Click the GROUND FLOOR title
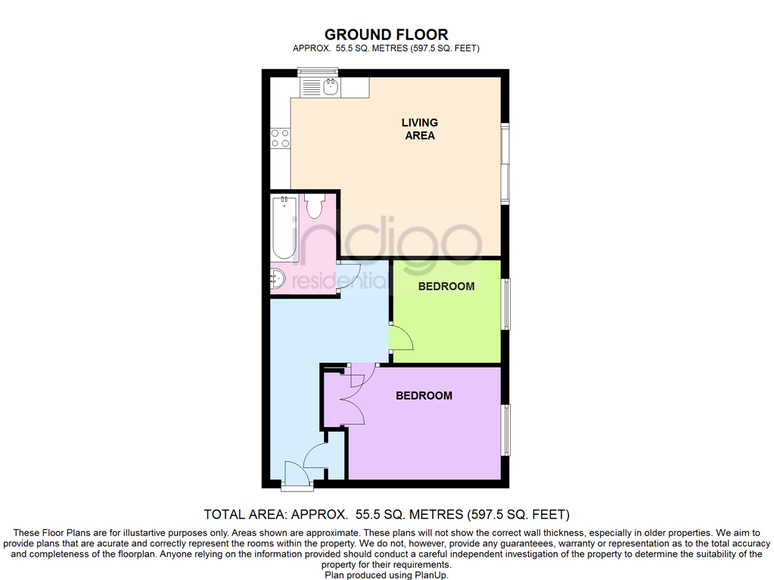click(386, 34)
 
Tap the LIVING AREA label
click(419, 129)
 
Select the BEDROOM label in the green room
click(446, 286)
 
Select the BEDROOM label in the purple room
click(424, 395)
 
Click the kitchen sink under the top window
click(330, 88)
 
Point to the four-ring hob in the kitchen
click(280, 138)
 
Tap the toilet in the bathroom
click(314, 206)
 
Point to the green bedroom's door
click(402, 338)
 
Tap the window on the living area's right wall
click(505, 162)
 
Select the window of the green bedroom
click(506, 304)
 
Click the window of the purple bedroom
click(506, 430)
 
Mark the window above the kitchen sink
click(317, 73)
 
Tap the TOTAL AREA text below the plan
click(387, 515)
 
